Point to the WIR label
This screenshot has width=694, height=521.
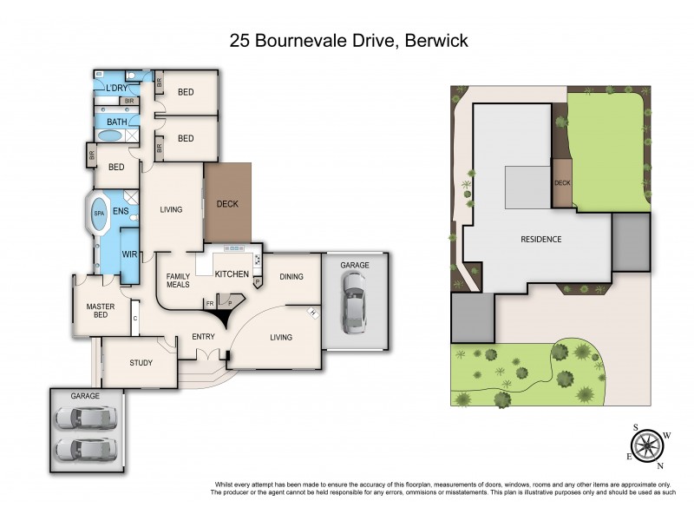[129, 254]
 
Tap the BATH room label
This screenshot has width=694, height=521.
[116, 122]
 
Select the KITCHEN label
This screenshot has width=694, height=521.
[232, 274]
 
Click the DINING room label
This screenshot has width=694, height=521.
[291, 277]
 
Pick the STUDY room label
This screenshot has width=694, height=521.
[141, 363]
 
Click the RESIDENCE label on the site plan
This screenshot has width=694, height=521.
[540, 239]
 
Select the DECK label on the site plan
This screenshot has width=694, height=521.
[562, 183]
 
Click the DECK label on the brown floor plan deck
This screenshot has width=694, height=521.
[226, 204]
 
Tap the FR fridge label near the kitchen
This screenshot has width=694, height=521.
[209, 304]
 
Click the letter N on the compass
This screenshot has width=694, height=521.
[658, 465]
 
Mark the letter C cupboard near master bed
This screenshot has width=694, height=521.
[136, 318]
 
